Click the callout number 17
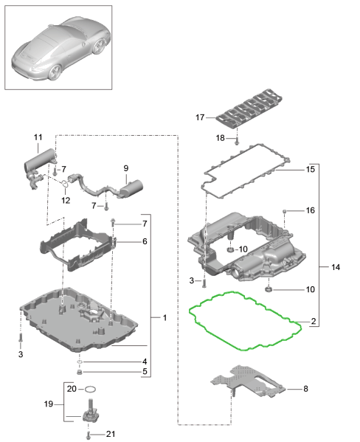[x=200, y=117]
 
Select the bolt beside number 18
[x=237, y=140]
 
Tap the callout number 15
[x=311, y=170]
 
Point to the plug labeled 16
[x=285, y=211]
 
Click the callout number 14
[x=336, y=267]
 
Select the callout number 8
[x=305, y=389]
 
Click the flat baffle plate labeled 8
[x=248, y=381]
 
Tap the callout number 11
[x=38, y=137]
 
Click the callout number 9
[x=125, y=168]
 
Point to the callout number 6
[x=145, y=241]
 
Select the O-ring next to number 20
[x=90, y=390]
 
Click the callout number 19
[x=49, y=404]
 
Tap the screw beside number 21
[x=89, y=435]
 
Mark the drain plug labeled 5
[x=80, y=372]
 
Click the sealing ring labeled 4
[x=80, y=362]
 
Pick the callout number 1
[x=165, y=318]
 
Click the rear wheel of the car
[x=55, y=72]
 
